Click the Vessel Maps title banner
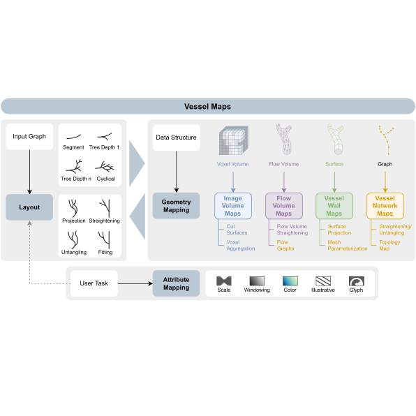[208, 106]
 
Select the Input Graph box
[29, 137]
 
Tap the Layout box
[29, 207]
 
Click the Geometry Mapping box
[176, 206]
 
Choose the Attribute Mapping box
[176, 283]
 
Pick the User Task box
[94, 283]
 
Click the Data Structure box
[176, 138]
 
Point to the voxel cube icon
[233, 140]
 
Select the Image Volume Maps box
[233, 206]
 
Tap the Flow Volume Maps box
[284, 206]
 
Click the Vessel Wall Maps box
[334, 206]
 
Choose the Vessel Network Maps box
[385, 206]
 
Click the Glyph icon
[356, 281]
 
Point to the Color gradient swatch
[290, 281]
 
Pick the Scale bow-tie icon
[224, 281]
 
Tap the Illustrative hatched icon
[323, 281]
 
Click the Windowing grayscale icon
[257, 281]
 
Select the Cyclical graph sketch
[105, 167]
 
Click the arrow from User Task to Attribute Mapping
[135, 283]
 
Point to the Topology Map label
[389, 246]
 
